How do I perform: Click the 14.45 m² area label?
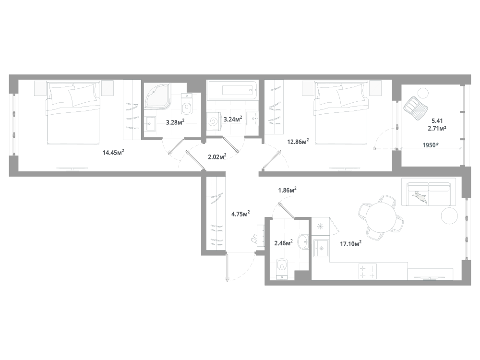click(x=113, y=153)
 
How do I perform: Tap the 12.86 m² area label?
click(x=298, y=141)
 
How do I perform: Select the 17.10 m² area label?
click(x=350, y=244)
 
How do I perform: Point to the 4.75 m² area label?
click(x=240, y=214)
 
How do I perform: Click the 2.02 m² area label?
click(x=217, y=156)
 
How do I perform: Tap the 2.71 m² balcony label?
click(x=437, y=129)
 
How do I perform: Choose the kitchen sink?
click(x=320, y=249)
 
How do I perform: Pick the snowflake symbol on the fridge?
click(x=320, y=225)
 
